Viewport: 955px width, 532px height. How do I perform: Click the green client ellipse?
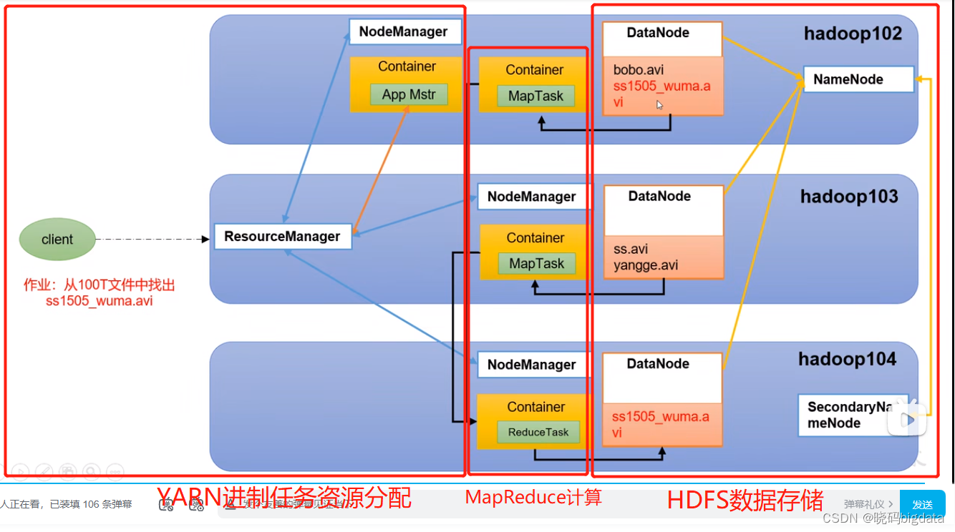pyautogui.click(x=57, y=240)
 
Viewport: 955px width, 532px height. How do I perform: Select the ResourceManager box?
pyautogui.click(x=283, y=237)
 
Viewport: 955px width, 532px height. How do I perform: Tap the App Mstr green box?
pyautogui.click(x=408, y=94)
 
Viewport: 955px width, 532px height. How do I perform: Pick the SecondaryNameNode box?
pyautogui.click(x=852, y=415)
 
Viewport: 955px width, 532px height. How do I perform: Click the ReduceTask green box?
pyautogui.click(x=538, y=432)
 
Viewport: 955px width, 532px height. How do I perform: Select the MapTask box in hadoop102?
pyautogui.click(x=535, y=96)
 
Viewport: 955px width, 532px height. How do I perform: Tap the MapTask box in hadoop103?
pyautogui.click(x=536, y=263)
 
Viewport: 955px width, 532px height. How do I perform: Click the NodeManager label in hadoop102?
pyautogui.click(x=404, y=31)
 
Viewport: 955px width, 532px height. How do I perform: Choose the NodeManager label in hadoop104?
pyautogui.click(x=532, y=365)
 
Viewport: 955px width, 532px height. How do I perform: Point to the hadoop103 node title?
pyautogui.click(x=849, y=197)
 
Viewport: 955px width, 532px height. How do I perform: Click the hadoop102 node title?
pyautogui.click(x=853, y=34)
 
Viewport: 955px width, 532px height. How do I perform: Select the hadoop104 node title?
pyautogui.click(x=848, y=359)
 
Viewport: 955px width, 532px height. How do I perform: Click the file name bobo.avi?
pyautogui.click(x=639, y=70)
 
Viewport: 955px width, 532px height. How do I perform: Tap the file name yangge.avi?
pyautogui.click(x=646, y=265)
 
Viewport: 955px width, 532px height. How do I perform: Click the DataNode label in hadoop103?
pyautogui.click(x=659, y=196)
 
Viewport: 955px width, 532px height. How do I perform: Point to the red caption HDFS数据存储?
pyautogui.click(x=745, y=500)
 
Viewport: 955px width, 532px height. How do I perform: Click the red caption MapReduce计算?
pyautogui.click(x=533, y=498)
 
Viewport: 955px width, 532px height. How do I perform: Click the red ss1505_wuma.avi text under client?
pyautogui.click(x=99, y=300)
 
